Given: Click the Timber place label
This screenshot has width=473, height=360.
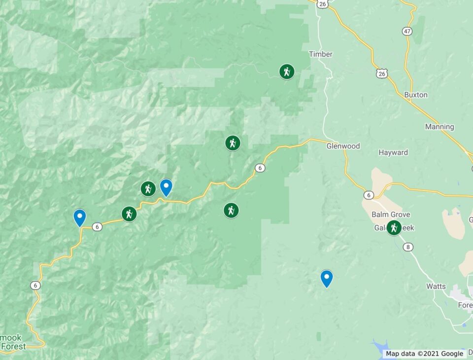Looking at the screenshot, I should tap(320, 54).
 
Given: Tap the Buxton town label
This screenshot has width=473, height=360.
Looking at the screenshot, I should tap(415, 95).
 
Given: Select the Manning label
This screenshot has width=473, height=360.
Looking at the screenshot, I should tap(439, 127).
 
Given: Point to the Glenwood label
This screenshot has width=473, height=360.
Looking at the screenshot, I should tap(343, 146).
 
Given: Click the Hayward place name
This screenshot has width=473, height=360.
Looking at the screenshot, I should tap(393, 152).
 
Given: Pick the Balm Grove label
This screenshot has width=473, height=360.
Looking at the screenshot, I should tap(390, 215).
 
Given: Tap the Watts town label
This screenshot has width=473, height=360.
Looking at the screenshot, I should tap(436, 286).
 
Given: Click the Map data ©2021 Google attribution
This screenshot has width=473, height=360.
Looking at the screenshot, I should tap(424, 354).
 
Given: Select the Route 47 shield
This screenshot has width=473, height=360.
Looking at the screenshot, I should tap(407, 31).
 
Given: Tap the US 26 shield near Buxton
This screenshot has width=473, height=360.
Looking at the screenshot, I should tap(381, 73).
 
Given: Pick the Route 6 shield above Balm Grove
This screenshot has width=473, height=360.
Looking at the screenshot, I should tap(369, 195).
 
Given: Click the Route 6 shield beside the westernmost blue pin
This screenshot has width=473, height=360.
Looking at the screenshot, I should tap(97, 227).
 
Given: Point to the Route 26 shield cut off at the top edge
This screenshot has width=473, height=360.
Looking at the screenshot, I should tap(322, 4).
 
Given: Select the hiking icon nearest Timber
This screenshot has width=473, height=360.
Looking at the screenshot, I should tap(287, 72).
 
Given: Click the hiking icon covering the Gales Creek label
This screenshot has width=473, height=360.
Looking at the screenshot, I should tap(393, 228).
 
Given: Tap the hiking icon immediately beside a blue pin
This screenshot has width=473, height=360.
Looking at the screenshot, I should tap(148, 188).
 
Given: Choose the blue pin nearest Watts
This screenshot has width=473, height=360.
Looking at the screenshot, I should tap(326, 278).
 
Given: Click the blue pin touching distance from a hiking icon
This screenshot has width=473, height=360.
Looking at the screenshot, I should tap(166, 187).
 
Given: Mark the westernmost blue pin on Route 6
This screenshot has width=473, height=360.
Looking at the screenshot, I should tap(79, 217).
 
